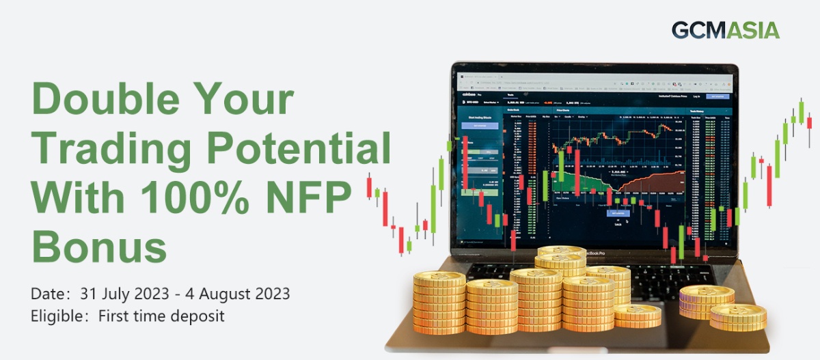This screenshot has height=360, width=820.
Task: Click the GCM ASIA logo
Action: point(725,30)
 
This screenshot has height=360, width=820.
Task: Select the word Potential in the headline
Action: point(301,150)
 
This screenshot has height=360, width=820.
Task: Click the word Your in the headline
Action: point(247,101)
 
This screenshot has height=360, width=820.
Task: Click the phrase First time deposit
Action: point(161,316)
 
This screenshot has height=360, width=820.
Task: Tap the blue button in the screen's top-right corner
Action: point(718,96)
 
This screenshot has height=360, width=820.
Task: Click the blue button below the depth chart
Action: point(617,212)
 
